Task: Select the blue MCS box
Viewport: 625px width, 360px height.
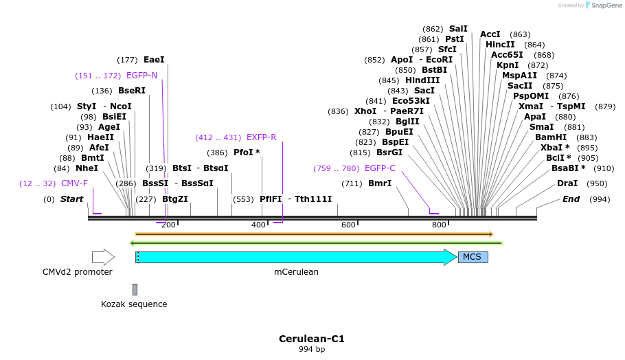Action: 473,257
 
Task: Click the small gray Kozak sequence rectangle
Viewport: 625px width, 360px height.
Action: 135,289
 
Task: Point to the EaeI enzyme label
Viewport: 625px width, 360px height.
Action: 154,60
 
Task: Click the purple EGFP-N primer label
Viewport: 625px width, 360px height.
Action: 141,76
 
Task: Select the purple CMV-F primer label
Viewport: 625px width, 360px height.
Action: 75,183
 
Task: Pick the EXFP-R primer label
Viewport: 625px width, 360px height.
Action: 261,137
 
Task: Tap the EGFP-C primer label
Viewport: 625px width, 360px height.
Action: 380,168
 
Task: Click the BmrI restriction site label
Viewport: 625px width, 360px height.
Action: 380,183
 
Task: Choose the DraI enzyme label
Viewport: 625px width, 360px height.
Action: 567,183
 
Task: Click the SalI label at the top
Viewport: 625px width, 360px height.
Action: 458,29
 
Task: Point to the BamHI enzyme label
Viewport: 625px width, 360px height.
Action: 551,137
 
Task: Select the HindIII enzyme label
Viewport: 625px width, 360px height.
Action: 422,80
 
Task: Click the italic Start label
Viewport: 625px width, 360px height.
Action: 71,199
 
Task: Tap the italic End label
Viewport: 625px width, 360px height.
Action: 571,199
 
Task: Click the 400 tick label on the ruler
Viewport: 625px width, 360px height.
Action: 258,225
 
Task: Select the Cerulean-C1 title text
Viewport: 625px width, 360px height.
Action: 312,339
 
